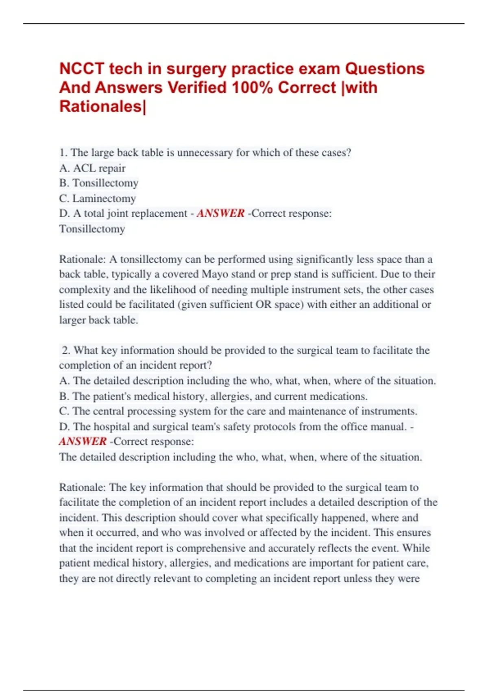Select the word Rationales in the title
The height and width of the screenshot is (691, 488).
(100, 106)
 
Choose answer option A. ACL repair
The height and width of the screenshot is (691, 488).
(92, 168)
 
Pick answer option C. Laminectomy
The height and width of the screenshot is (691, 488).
(97, 198)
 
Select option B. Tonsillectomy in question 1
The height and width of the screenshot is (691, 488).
(99, 183)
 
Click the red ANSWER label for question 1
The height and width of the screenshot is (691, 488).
(220, 213)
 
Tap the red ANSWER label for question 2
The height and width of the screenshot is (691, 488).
(83, 441)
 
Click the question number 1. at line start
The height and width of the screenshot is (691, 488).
(63, 153)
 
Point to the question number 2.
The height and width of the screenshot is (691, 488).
(66, 350)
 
